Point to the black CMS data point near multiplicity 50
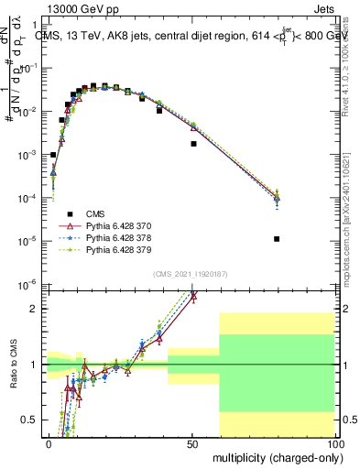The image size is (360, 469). pos(193,144)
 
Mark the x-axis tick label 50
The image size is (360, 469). pos(191,443)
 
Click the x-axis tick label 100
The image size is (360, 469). pos(333,443)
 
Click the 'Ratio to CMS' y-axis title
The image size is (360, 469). pos(13,363)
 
